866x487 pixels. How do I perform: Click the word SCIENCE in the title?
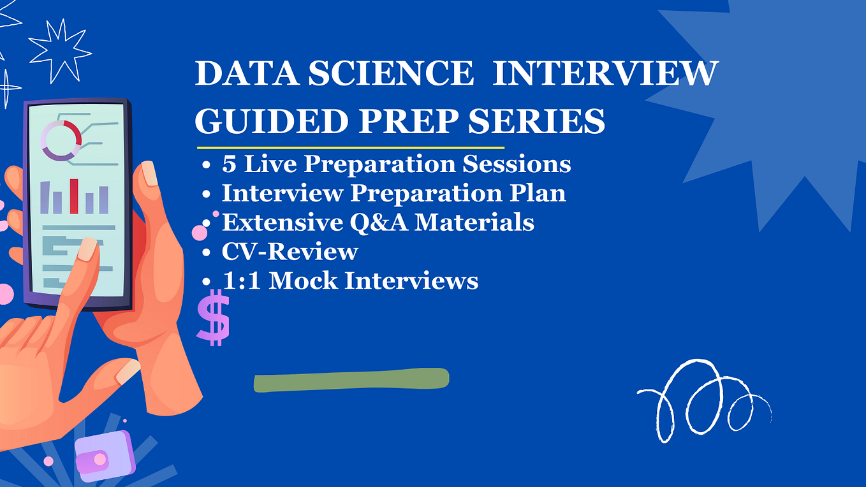392,74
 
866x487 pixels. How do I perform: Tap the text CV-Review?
290,251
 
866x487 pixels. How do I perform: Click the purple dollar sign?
212,317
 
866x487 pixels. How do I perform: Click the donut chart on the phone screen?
61,140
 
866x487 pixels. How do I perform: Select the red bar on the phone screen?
74,196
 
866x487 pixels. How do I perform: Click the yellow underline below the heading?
349,147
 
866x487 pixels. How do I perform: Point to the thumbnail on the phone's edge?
149,173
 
